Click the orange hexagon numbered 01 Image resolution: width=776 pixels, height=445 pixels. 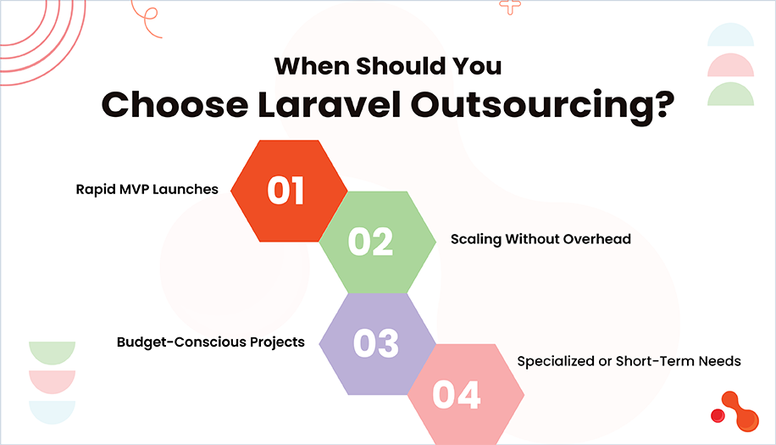coord(289,191)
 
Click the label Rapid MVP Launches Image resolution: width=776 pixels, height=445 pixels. coord(147,189)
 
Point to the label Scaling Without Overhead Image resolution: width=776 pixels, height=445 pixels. coord(540,239)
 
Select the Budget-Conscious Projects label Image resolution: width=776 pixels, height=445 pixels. coord(211,343)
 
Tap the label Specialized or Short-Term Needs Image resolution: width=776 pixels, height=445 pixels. coord(629,361)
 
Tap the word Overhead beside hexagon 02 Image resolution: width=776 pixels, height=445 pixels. coord(598,239)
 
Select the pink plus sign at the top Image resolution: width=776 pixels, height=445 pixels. coord(509,6)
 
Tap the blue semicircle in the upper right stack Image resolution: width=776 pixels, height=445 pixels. coord(729,36)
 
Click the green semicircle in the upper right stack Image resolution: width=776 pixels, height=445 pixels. coord(729,94)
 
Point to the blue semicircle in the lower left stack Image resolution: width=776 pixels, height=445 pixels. coord(53,410)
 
